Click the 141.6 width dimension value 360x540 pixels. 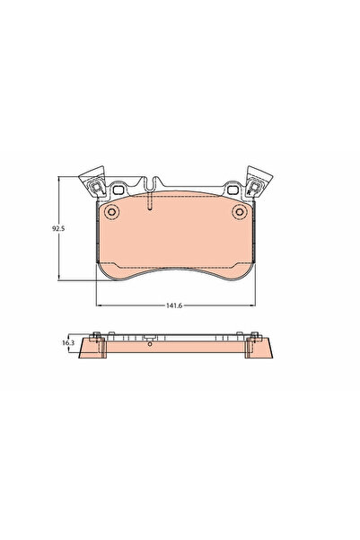click(x=173, y=305)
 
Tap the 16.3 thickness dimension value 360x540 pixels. click(x=67, y=342)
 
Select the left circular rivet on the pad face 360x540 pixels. click(x=111, y=213)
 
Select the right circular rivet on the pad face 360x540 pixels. click(x=239, y=213)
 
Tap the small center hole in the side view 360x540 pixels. click(x=151, y=343)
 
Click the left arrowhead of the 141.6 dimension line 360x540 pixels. click(x=96, y=305)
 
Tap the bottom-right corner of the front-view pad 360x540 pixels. click(x=250, y=270)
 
